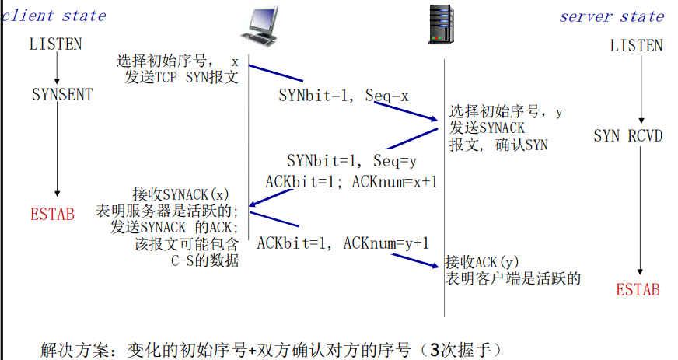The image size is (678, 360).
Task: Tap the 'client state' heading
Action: [x=54, y=16]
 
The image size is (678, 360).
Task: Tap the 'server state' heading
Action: [x=612, y=16]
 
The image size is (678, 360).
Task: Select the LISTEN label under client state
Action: [x=55, y=44]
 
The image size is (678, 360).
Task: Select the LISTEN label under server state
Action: [x=636, y=46]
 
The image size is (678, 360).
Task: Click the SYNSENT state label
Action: [x=62, y=95]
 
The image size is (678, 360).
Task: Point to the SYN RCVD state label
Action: [x=628, y=136]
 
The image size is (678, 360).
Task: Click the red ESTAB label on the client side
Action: [x=53, y=214]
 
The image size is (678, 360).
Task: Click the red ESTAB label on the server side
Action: [x=638, y=289]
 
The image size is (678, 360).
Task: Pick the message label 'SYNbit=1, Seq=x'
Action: [x=344, y=96]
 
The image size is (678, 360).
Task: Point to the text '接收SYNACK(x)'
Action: [x=181, y=194]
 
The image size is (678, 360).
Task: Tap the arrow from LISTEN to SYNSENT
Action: [x=57, y=68]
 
